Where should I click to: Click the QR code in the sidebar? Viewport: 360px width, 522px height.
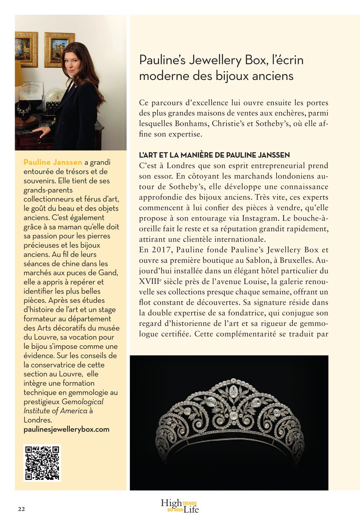42,463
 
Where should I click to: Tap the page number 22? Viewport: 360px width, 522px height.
21,509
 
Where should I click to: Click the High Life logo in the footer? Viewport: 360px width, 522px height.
180,506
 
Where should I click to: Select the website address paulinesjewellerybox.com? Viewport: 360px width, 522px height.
66,429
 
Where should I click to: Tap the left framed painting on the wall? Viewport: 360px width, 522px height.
26,49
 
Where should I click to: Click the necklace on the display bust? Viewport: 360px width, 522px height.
24,109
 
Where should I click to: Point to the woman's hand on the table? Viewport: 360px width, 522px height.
40,132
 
